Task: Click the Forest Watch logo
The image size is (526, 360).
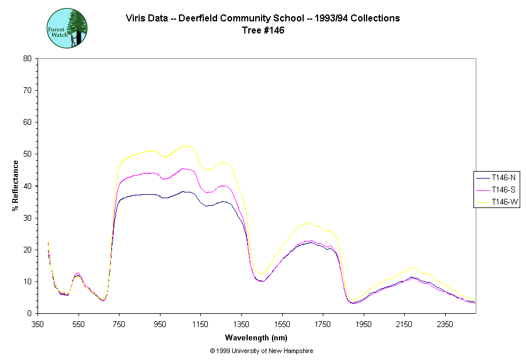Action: click(x=67, y=28)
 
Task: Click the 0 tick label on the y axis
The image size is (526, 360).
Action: click(x=29, y=313)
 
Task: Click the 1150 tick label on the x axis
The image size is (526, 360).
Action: click(x=200, y=324)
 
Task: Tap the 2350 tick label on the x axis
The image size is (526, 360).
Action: click(x=445, y=324)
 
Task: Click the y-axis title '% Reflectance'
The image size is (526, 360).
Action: click(x=16, y=185)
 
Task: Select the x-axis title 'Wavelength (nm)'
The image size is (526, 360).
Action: click(x=256, y=338)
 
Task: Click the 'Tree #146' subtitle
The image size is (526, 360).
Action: click(x=263, y=31)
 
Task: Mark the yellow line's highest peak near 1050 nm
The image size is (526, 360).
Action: click(x=184, y=146)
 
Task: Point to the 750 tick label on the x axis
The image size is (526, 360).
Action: click(x=119, y=324)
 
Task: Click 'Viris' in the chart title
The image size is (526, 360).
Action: click(x=136, y=18)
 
